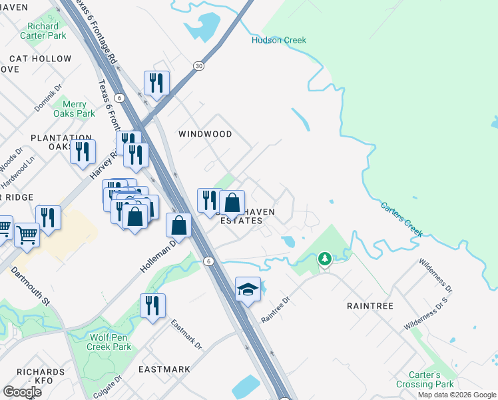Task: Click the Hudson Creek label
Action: (x=279, y=40)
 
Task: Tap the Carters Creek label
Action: (x=401, y=219)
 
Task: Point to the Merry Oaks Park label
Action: (x=75, y=109)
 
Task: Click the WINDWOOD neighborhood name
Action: (x=205, y=134)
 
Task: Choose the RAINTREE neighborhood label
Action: (x=371, y=306)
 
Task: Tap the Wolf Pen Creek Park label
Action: (x=110, y=342)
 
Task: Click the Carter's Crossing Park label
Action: (x=427, y=379)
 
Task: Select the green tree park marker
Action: (x=324, y=258)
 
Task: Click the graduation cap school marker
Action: (x=248, y=289)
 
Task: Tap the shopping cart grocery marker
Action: (x=27, y=234)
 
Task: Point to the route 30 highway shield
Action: (x=199, y=65)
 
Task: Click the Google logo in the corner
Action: (x=22, y=392)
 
